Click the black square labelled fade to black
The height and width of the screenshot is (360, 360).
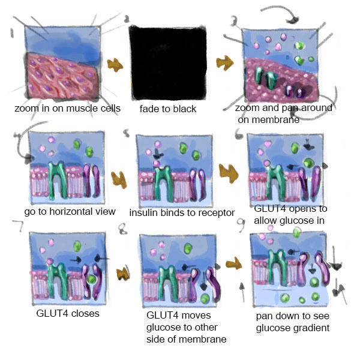point(168,63)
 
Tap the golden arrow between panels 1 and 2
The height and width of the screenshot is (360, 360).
point(115,65)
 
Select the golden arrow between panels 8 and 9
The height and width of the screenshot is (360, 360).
point(234,263)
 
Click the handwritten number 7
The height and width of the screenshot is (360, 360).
point(18,226)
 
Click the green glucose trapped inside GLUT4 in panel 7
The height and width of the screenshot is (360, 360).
point(92,280)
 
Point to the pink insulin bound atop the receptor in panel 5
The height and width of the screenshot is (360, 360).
point(157,164)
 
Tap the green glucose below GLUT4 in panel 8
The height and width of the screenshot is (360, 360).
point(205,298)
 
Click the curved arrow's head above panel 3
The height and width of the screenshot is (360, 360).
point(292,20)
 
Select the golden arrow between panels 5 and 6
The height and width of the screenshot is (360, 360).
point(228,173)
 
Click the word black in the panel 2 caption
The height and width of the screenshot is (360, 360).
point(185,109)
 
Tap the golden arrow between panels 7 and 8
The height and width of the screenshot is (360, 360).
point(123,274)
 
